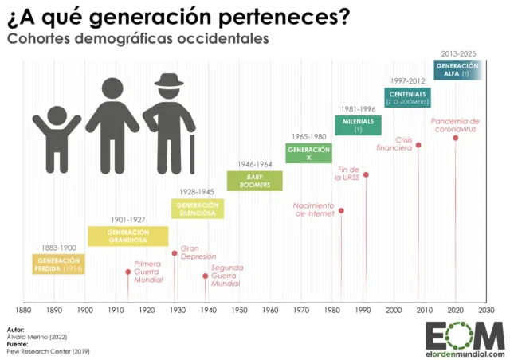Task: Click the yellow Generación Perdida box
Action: click(x=58, y=264)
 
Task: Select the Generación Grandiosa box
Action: click(x=127, y=236)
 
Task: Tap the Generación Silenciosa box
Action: click(x=198, y=209)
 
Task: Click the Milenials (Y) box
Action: click(x=358, y=125)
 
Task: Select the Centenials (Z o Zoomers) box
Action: click(x=409, y=97)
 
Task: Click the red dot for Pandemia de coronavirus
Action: click(x=455, y=138)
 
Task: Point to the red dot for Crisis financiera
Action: click(x=418, y=145)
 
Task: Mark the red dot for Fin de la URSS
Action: click(x=366, y=174)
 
